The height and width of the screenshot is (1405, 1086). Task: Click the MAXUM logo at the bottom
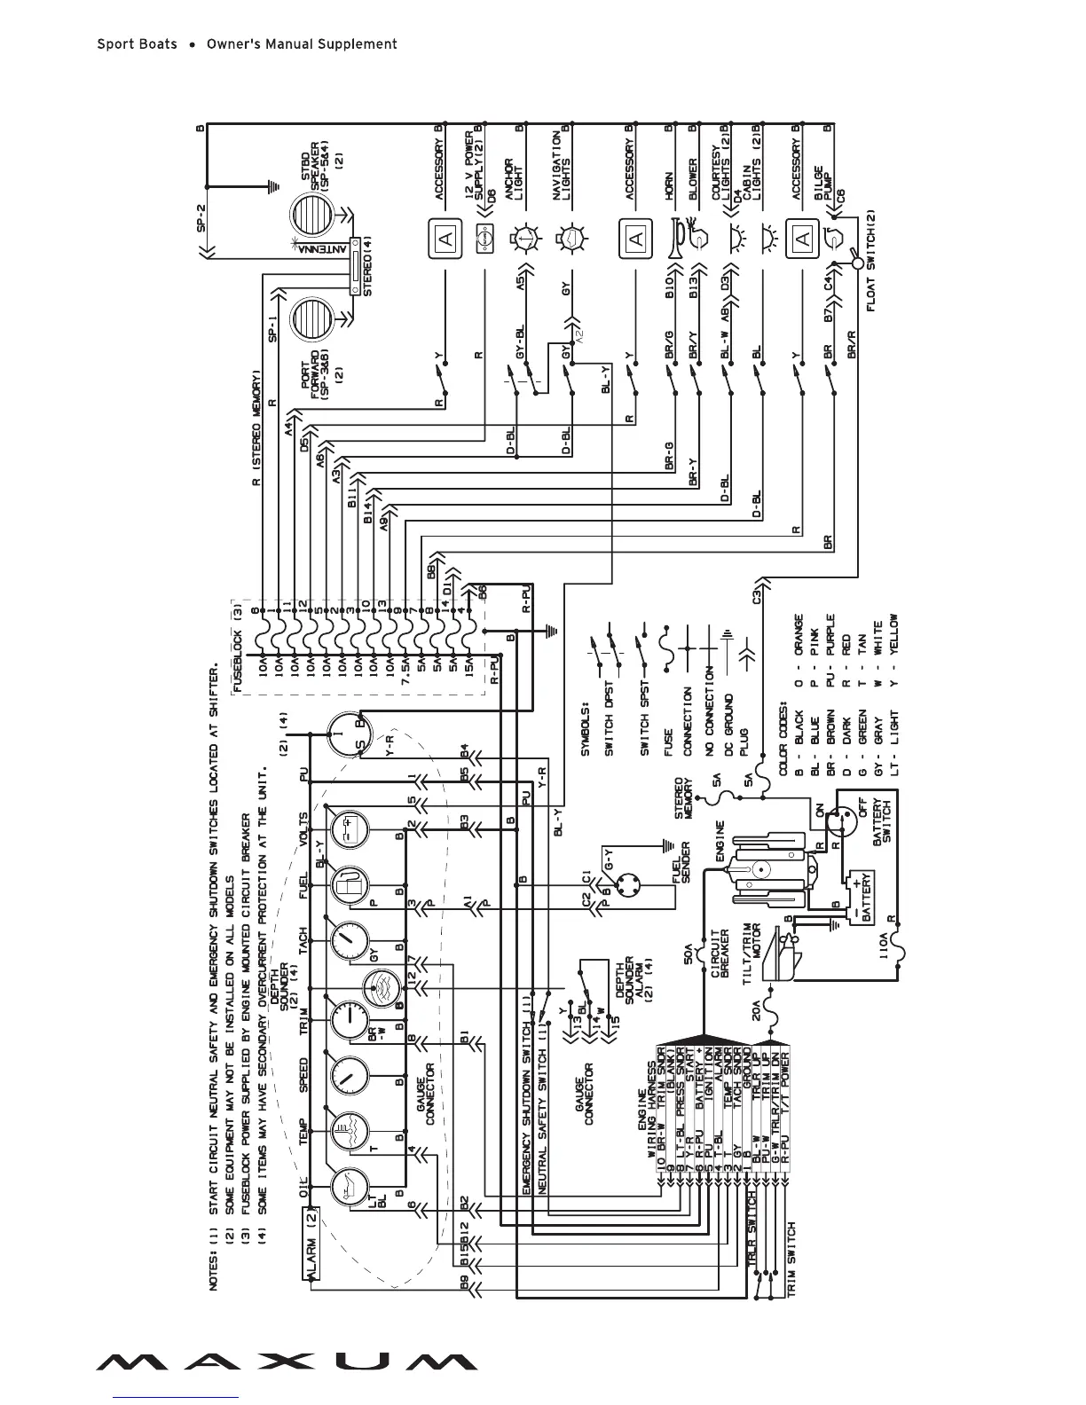tap(286, 1361)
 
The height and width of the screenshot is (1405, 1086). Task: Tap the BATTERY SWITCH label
tap(882, 821)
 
